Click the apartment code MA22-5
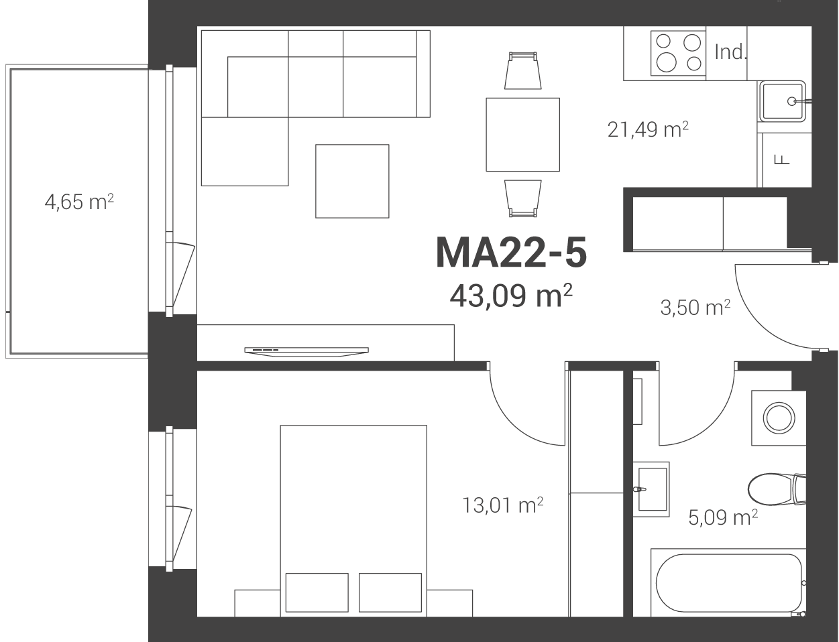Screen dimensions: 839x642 pos(511,253)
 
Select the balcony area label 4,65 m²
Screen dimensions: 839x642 pos(79,202)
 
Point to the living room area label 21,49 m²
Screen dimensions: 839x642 pos(648,129)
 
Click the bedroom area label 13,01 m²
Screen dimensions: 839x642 pos(503,505)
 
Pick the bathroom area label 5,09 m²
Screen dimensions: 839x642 pos(723,517)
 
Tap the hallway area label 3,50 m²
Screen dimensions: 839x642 pos(695,308)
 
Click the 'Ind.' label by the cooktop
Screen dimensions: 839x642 pos(730,52)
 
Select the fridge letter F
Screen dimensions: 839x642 pos(782,159)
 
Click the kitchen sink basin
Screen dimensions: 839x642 pos(783,101)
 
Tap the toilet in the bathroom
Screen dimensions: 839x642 pos(777,489)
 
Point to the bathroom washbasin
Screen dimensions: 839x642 pos(653,489)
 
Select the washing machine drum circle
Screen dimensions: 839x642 pos(779,418)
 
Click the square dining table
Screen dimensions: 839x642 pos(523,135)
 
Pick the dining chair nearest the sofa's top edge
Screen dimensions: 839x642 pos(523,70)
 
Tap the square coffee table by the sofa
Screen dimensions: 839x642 pos(352,182)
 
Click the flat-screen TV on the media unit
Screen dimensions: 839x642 pos(306,351)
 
